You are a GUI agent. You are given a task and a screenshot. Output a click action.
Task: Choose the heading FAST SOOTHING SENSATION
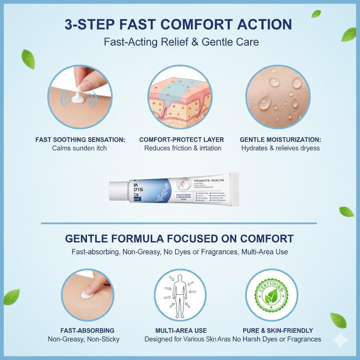pos(80,140)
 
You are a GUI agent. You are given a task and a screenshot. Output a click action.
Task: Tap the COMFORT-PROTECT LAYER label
pos(181,140)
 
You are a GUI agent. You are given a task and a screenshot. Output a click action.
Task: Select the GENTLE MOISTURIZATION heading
pos(280,140)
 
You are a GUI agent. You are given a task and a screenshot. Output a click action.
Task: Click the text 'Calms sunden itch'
pos(79,148)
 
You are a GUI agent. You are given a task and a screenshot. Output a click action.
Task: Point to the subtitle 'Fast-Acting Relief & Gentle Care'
pos(181,42)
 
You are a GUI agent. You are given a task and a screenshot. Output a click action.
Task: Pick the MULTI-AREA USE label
pos(181,330)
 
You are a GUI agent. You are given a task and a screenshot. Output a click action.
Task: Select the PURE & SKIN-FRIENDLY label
pos(278,330)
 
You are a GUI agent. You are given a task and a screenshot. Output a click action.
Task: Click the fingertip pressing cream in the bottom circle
pos(92,290)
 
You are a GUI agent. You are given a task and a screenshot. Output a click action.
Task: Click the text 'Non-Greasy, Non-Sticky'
pos(83,339)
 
